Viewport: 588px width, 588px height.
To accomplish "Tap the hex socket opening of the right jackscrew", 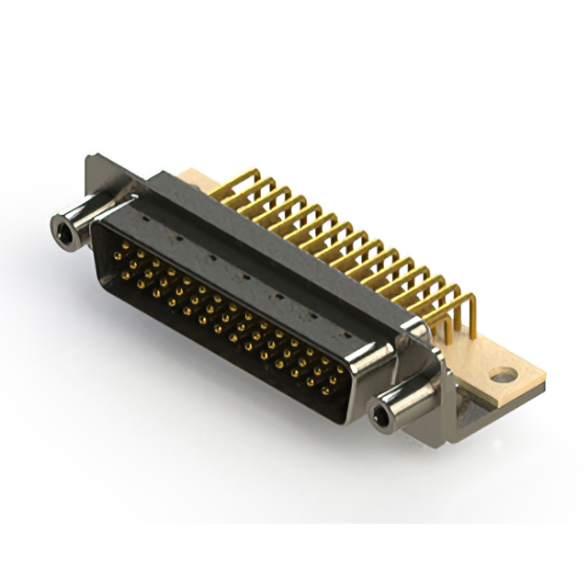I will coord(381,419).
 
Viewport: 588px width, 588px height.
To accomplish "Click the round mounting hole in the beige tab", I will coord(502,375).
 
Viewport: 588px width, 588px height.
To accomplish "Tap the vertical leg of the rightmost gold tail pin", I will coord(471,317).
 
